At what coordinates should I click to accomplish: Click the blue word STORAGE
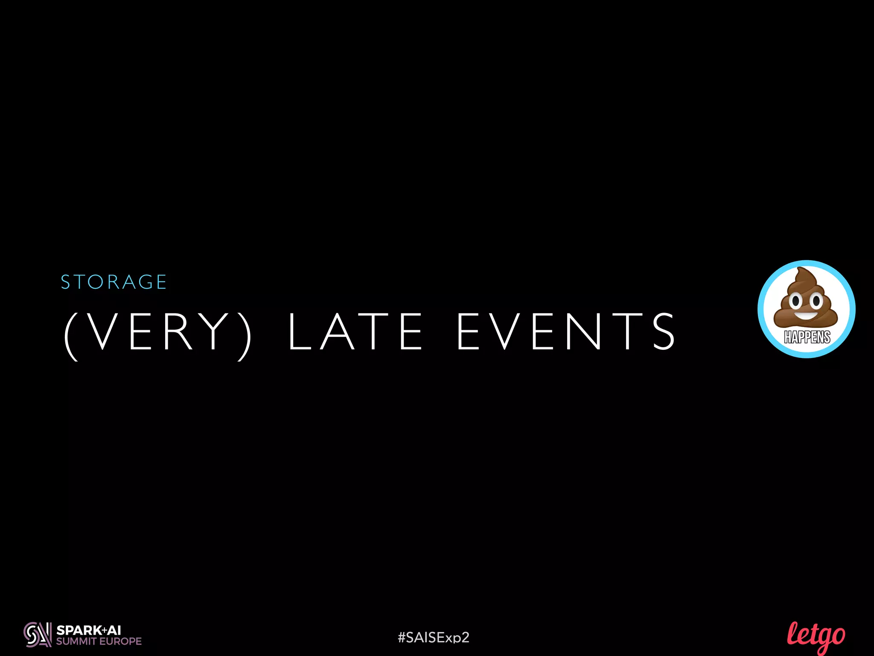point(114,282)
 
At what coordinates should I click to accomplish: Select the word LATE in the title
point(355,331)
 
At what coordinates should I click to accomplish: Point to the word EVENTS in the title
point(566,331)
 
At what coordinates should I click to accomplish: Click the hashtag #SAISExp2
point(433,637)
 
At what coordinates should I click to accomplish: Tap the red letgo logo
point(816,636)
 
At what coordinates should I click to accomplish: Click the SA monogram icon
point(38,635)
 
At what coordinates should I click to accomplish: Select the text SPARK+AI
point(89,630)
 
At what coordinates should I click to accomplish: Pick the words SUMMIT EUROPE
point(99,641)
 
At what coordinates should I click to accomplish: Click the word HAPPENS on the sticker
point(807,337)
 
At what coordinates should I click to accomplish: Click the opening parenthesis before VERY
point(71,335)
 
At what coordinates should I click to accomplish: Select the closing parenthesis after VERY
point(245,335)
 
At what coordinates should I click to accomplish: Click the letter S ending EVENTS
point(664,331)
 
